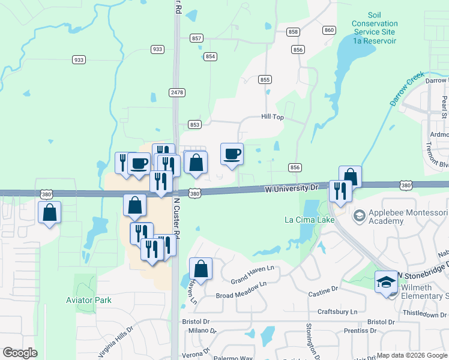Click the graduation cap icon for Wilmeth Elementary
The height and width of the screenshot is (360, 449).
point(385,281)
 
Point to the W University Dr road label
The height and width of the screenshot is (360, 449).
point(292,188)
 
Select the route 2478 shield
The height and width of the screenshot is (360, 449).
point(176,92)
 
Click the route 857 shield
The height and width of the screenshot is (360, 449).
point(196,38)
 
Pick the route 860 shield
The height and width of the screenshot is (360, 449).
point(328,30)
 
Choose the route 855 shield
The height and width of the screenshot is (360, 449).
point(265,79)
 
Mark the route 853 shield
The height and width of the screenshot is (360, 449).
point(194,124)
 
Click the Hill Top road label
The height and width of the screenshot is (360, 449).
point(272,118)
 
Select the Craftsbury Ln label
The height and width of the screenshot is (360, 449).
point(338,312)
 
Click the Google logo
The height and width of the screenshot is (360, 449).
point(20,353)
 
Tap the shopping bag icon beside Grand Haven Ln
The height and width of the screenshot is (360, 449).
point(200,268)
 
